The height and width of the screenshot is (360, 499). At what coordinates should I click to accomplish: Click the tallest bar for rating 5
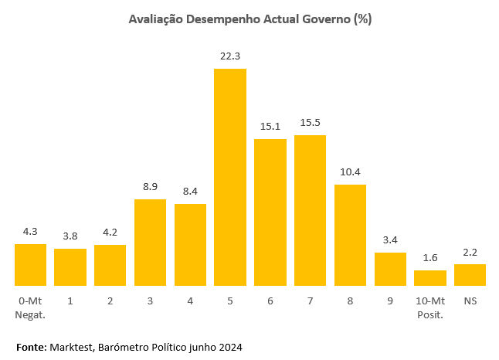(x=230, y=177)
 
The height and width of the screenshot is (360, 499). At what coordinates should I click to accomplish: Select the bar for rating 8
(x=350, y=235)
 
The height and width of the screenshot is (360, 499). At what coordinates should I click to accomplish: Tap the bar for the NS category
(x=470, y=274)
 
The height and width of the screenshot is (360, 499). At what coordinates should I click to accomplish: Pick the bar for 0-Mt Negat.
(x=30, y=264)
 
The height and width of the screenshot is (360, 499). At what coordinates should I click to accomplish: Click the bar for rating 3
(x=150, y=242)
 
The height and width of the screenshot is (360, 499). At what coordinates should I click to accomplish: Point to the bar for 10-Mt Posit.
(x=430, y=277)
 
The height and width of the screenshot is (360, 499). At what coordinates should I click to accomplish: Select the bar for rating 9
(x=390, y=269)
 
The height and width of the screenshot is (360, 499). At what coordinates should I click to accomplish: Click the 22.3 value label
(x=230, y=56)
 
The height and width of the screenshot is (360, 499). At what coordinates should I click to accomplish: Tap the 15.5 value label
(x=310, y=123)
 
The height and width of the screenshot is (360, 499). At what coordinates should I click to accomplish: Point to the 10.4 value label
(x=350, y=172)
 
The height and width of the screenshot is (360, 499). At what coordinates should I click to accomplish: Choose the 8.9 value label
(x=150, y=187)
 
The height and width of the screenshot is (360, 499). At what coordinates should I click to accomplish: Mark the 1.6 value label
(x=430, y=258)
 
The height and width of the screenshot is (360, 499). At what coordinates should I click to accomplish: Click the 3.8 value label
(x=70, y=236)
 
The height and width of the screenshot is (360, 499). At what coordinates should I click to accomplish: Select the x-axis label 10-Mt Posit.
(x=430, y=306)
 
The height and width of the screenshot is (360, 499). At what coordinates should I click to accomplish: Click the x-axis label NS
(x=470, y=300)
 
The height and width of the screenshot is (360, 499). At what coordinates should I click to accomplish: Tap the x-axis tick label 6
(x=270, y=300)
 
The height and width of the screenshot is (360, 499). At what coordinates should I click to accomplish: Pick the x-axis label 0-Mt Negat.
(x=30, y=306)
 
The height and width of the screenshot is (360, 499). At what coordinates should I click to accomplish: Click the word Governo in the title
(x=323, y=19)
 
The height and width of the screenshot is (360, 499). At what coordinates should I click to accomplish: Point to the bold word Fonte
(x=31, y=347)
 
